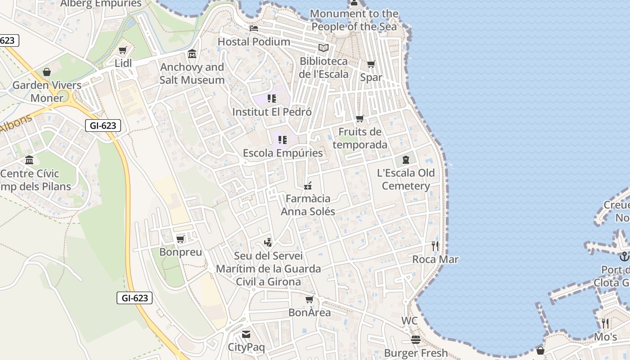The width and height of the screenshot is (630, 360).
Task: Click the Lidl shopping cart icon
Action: tap(122, 50)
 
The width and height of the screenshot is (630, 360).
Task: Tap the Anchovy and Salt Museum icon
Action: tap(192, 54)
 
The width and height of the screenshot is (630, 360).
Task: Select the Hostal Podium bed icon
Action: tap(254, 28)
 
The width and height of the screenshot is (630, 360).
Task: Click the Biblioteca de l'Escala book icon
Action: tap(324, 48)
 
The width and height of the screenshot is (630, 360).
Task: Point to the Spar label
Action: tap(371, 77)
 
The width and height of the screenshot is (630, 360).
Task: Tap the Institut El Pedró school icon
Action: tap(271, 98)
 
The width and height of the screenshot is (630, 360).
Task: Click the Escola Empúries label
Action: tap(283, 153)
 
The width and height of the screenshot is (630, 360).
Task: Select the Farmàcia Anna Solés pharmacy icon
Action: tap(308, 185)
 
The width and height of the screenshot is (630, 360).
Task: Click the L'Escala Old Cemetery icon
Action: tap(406, 159)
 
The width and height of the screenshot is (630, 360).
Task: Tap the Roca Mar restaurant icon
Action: tap(435, 246)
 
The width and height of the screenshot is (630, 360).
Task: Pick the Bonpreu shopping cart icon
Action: tap(180, 239)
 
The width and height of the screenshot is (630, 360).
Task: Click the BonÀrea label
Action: tap(309, 312)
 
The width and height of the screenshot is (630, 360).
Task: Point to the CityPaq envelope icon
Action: tap(246, 334)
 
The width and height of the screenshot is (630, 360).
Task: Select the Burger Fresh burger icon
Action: tap(415, 339)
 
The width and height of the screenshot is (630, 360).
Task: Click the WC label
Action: tap(409, 321)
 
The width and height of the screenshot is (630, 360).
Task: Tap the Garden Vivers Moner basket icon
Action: tap(47, 72)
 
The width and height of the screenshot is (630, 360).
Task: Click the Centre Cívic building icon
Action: tap(30, 160)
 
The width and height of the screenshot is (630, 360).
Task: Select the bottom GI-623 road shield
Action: tap(135, 298)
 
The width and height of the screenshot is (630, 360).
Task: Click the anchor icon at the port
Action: tap(624, 256)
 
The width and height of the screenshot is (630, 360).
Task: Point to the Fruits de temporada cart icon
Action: tap(360, 119)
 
